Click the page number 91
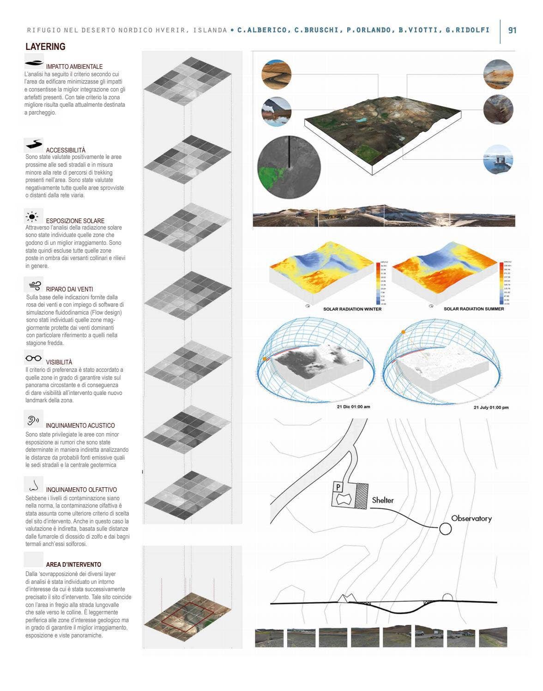(x=512, y=30)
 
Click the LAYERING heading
(x=45, y=47)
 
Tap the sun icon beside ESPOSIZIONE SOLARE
(x=32, y=216)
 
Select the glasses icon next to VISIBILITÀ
(x=33, y=358)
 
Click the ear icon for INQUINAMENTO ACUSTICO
(x=33, y=420)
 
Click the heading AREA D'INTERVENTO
(x=73, y=564)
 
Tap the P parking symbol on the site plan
(x=338, y=487)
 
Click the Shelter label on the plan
(x=383, y=500)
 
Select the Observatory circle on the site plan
(x=445, y=528)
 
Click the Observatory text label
(x=471, y=518)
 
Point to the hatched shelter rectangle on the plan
(x=362, y=496)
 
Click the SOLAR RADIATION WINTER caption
(x=352, y=309)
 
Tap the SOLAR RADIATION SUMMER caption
(x=474, y=309)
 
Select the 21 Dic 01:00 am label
(x=353, y=407)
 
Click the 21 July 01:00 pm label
(x=491, y=407)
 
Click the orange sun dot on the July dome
(x=403, y=332)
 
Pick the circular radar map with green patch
(x=289, y=167)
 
